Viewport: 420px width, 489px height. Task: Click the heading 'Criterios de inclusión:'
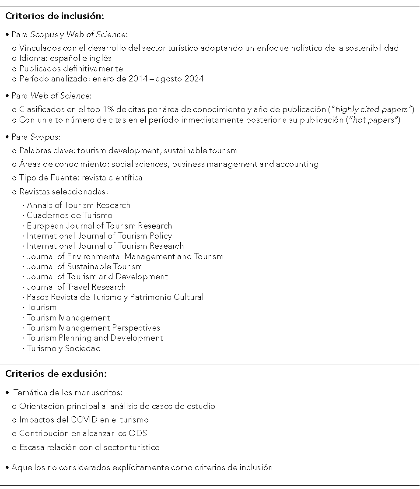click(x=55, y=17)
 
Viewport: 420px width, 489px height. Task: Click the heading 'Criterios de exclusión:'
click(x=56, y=374)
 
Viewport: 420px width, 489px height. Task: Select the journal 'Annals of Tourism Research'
click(x=78, y=205)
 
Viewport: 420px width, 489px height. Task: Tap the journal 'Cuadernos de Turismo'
click(x=69, y=215)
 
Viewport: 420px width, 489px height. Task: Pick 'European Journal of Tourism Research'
click(x=99, y=225)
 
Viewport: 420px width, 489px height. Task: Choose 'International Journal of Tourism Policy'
click(x=99, y=236)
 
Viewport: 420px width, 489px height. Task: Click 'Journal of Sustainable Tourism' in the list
click(x=84, y=266)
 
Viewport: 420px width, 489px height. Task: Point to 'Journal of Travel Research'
click(x=76, y=287)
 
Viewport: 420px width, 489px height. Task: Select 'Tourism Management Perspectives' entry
click(x=93, y=327)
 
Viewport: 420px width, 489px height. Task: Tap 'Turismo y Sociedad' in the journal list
click(x=63, y=348)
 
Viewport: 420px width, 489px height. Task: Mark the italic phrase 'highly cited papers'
click(x=372, y=109)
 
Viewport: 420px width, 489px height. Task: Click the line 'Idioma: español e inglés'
click(x=65, y=58)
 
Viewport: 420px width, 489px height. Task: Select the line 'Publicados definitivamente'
click(x=71, y=68)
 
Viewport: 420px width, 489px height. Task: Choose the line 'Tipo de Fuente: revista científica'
click(x=80, y=177)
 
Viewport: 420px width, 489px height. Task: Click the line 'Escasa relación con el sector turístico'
click(x=89, y=447)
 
